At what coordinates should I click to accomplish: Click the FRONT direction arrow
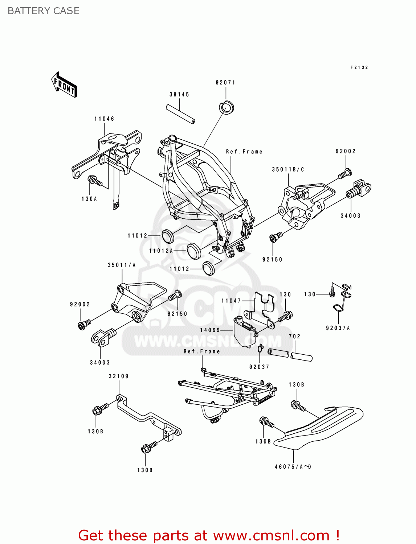pyautogui.click(x=64, y=85)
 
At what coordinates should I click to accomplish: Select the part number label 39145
pyautogui.click(x=179, y=95)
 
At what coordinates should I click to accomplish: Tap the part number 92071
pyautogui.click(x=225, y=83)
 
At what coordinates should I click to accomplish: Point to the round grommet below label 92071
pyautogui.click(x=227, y=108)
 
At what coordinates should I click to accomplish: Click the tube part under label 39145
pyautogui.click(x=181, y=114)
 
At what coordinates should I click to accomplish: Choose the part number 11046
pyautogui.click(x=104, y=119)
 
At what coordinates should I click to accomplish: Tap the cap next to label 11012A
pyautogui.click(x=194, y=251)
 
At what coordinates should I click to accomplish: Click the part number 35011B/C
pyautogui.click(x=288, y=169)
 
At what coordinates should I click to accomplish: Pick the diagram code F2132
pyautogui.click(x=359, y=67)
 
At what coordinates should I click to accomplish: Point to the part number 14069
pyautogui.click(x=210, y=330)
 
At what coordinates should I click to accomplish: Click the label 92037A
pyautogui.click(x=338, y=328)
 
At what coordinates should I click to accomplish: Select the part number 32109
pyautogui.click(x=119, y=376)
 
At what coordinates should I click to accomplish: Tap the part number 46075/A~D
pyautogui.click(x=293, y=467)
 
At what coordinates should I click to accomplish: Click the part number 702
pyautogui.click(x=294, y=337)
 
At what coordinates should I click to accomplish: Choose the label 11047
pyautogui.click(x=231, y=301)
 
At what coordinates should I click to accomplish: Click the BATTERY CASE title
pyautogui.click(x=44, y=11)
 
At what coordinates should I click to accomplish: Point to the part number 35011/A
pyautogui.click(x=122, y=265)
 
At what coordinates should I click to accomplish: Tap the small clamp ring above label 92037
pyautogui.click(x=260, y=349)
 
